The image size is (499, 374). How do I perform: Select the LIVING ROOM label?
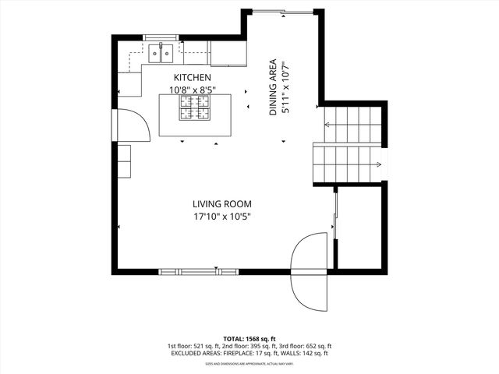(222, 204)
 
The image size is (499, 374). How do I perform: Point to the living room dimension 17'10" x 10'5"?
(222, 217)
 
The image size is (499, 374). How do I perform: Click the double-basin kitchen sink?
(161, 53)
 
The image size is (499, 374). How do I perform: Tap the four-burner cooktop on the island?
(195, 113)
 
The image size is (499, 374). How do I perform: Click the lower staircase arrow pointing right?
(377, 164)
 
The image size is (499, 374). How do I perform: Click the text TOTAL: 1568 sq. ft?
(249, 338)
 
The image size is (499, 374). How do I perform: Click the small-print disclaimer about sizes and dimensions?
(249, 363)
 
